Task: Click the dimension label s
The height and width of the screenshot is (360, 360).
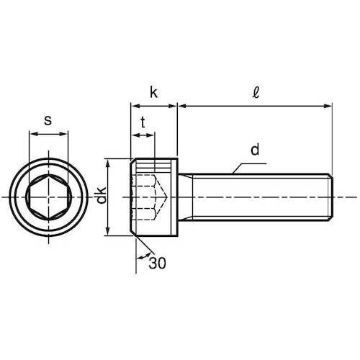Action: pyautogui.click(x=48, y=120)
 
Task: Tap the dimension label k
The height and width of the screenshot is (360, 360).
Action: pyautogui.click(x=153, y=92)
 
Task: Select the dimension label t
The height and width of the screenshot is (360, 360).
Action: pyautogui.click(x=143, y=122)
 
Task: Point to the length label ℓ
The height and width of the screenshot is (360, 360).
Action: pyautogui.click(x=256, y=92)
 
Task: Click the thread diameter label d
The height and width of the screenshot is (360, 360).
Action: pyautogui.click(x=255, y=149)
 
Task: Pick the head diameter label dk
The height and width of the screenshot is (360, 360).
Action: pyautogui.click(x=102, y=195)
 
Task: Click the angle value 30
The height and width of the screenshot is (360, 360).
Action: pyautogui.click(x=157, y=263)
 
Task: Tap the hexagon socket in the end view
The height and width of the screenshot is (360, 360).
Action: pyautogui.click(x=49, y=197)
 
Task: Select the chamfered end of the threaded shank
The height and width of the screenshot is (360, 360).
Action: pyautogui.click(x=330, y=197)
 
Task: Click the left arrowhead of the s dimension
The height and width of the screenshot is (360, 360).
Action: pyautogui.click(x=33, y=134)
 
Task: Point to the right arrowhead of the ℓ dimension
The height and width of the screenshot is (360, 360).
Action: pyautogui.click(x=328, y=106)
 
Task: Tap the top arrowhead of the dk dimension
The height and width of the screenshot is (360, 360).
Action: pyautogui.click(x=108, y=163)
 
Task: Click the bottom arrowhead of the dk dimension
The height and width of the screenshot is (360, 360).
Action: pyautogui.click(x=108, y=232)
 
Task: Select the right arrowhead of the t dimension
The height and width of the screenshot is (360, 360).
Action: pyautogui.click(x=150, y=135)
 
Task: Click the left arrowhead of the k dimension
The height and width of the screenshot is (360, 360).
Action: pyautogui.click(x=135, y=106)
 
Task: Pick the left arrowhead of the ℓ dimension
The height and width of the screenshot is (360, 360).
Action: pyautogui.click(x=181, y=106)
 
